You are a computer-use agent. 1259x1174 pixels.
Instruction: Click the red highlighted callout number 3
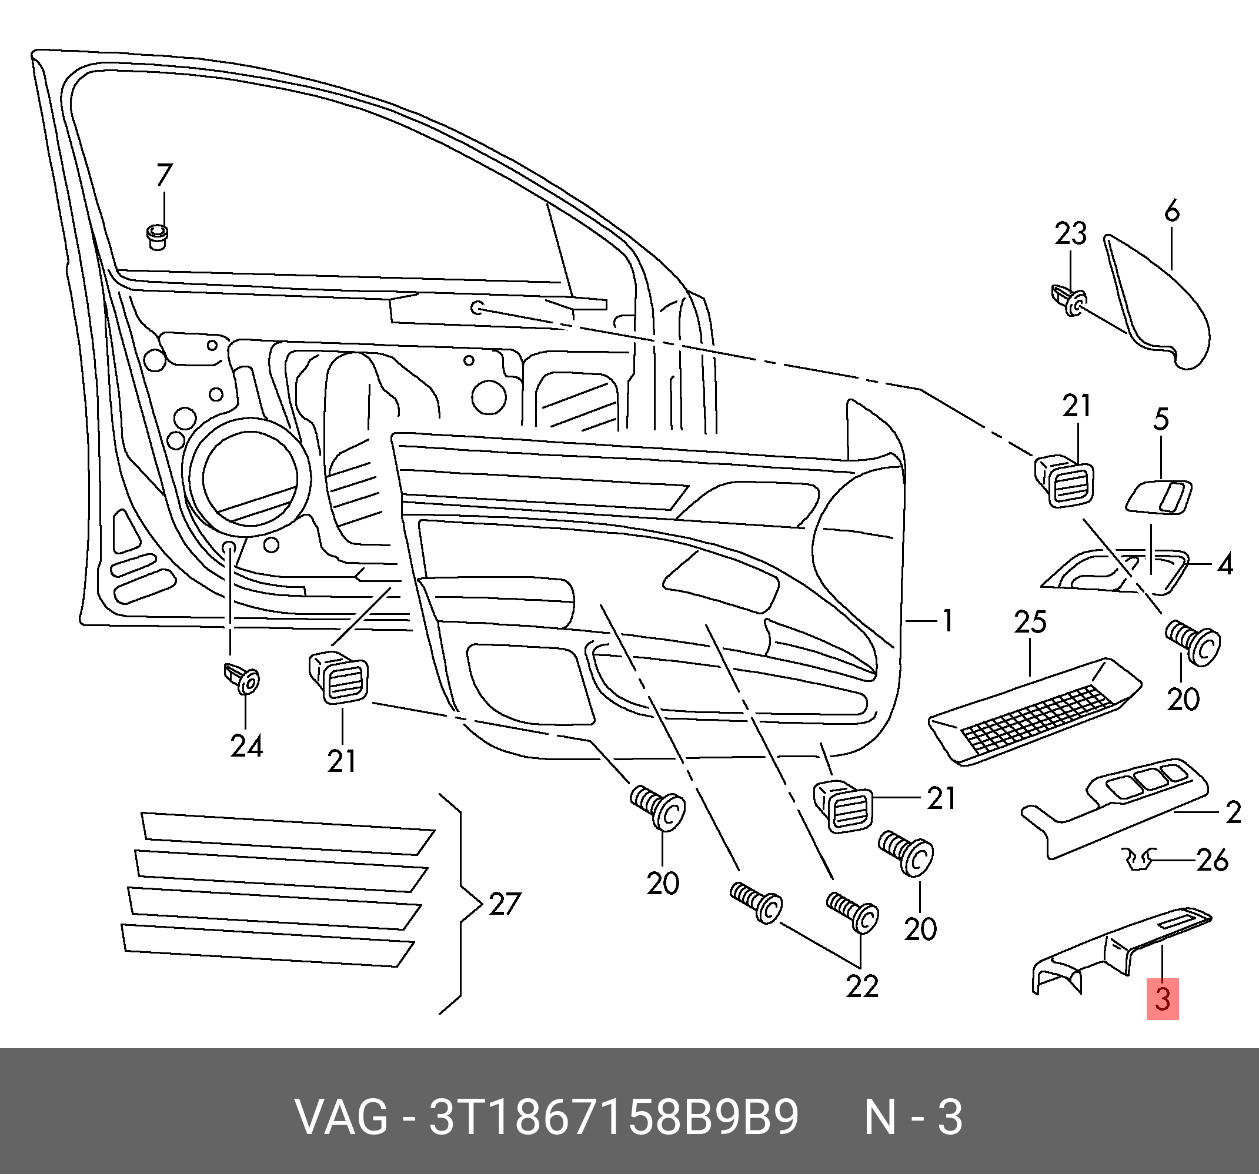[1162, 999]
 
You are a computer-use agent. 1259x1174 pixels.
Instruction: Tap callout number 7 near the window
[164, 175]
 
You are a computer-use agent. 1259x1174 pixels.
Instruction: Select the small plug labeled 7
[157, 237]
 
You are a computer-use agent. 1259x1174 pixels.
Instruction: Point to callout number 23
[1070, 233]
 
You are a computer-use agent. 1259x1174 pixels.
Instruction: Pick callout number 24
[246, 745]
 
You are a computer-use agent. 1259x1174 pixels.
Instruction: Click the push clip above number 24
[242, 679]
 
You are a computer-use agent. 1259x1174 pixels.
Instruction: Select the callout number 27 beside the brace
[504, 904]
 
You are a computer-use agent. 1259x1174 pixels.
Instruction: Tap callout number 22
[862, 986]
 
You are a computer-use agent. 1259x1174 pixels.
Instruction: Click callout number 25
[1030, 623]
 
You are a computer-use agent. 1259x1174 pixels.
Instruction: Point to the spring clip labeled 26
[1139, 859]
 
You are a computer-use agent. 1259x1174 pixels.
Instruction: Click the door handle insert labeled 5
[1158, 497]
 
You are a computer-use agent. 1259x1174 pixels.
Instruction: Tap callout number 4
[1225, 564]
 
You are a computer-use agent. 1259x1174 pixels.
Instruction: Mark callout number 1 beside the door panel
[947, 621]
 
